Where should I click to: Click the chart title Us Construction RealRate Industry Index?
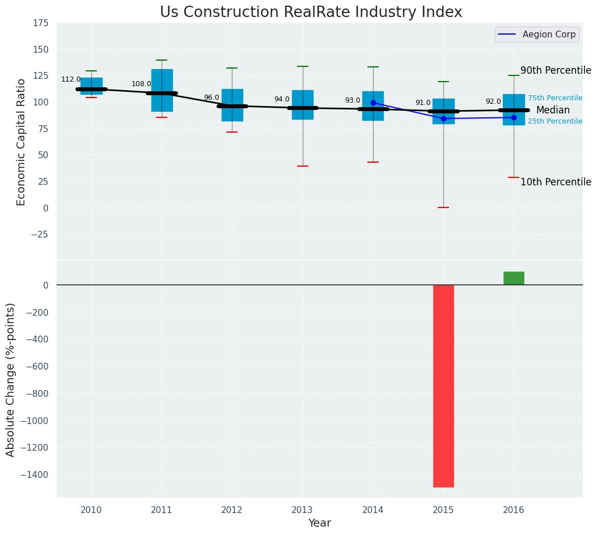click(311, 12)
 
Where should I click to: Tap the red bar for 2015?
click(443, 385)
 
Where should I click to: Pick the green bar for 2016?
click(514, 278)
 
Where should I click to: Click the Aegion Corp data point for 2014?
click(373, 103)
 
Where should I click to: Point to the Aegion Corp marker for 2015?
click(443, 118)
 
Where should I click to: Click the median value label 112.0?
click(71, 80)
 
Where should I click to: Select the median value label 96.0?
click(211, 98)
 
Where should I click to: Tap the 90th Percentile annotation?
click(556, 71)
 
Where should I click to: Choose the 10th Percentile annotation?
click(556, 182)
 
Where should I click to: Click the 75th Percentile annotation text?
click(555, 98)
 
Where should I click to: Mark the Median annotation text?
click(553, 111)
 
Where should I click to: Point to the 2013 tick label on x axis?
click(303, 510)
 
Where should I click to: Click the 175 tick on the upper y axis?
click(40, 23)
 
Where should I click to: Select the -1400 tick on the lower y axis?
click(32, 474)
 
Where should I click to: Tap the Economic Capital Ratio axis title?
click(22, 142)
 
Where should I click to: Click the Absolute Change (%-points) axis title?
click(11, 379)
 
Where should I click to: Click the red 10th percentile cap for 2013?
click(303, 166)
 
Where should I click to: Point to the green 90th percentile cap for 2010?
click(91, 71)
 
